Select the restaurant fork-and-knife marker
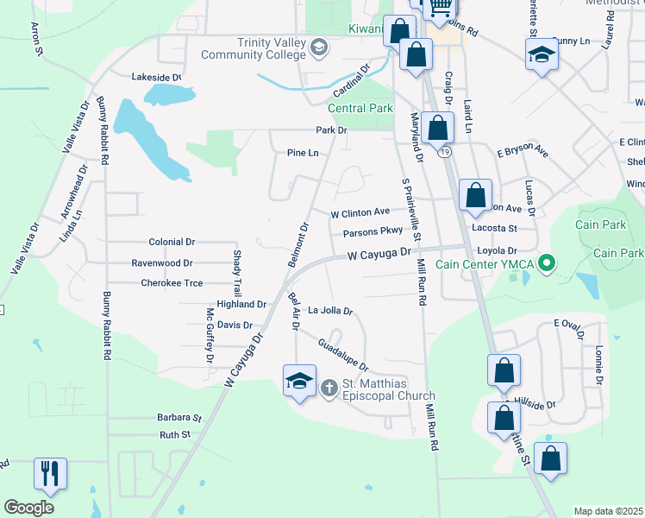pos(49,474)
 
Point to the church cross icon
pos(328,389)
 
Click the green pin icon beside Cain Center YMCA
pos(545,262)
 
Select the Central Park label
pos(360,108)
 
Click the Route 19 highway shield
pos(443,153)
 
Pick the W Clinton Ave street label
pos(360,212)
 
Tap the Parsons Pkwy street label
pos(373,231)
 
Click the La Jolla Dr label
pos(331,310)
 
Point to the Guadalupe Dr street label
pos(342,355)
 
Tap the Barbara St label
pos(178,417)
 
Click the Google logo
pos(28,508)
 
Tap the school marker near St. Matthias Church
pos(298,381)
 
